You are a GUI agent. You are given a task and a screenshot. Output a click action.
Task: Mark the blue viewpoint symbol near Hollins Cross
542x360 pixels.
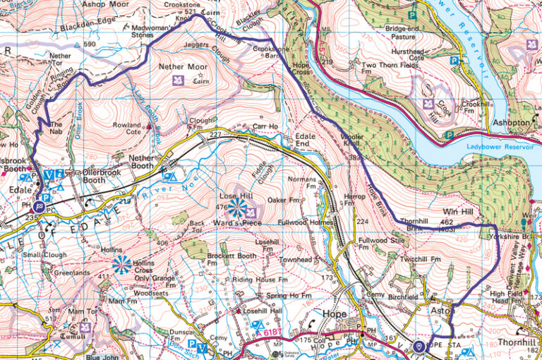pos(122,263)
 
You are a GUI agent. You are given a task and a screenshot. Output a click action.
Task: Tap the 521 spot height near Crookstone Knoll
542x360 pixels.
pos(189,12)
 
